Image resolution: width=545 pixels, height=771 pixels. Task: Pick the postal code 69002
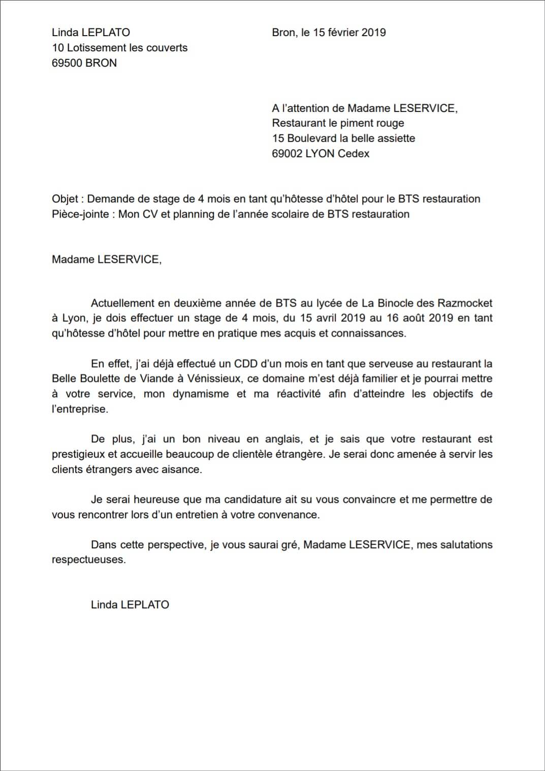287,154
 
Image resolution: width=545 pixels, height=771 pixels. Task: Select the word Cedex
354,154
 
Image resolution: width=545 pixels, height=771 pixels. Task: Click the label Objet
65,199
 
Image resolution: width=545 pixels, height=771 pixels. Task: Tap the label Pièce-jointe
80,214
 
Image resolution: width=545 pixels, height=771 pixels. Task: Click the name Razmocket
466,303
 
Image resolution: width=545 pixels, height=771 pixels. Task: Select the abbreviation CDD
246,364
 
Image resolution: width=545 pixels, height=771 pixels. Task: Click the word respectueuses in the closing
88,560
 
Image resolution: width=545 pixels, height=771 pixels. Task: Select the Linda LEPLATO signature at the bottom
130,605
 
